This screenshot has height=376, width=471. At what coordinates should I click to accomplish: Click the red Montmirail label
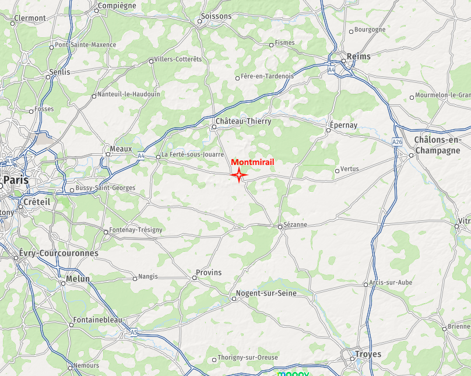coord(252,163)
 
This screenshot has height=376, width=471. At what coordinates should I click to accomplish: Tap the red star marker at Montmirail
coord(239,174)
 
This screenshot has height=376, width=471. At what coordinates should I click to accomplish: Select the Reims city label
coord(358,57)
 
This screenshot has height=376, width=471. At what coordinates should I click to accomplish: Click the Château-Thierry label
coord(243,121)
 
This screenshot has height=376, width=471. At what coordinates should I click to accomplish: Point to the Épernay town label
coord(343,125)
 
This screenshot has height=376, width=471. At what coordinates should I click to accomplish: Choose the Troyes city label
coord(368,354)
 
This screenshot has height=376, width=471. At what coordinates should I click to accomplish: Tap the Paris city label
coord(16,180)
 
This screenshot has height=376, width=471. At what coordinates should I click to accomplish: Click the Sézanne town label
coord(296,224)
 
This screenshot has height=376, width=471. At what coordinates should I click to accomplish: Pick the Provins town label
coord(209,272)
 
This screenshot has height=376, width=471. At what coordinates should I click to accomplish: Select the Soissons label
coord(216,16)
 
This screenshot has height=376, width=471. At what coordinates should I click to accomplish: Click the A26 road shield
coord(398,142)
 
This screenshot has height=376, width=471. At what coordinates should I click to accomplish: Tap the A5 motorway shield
coord(134,333)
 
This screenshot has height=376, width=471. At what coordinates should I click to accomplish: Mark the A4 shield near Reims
coord(331,70)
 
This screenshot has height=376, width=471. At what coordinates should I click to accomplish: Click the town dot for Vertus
coord(337,171)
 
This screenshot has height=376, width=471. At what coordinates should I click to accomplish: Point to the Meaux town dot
coord(108,154)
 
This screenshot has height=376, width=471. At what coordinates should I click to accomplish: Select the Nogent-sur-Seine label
coord(266,293)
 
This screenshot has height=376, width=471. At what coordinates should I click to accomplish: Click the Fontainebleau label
coord(98,321)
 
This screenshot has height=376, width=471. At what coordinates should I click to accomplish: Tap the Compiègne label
coord(117,6)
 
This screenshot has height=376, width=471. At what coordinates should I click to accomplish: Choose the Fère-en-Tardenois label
coord(268,76)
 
